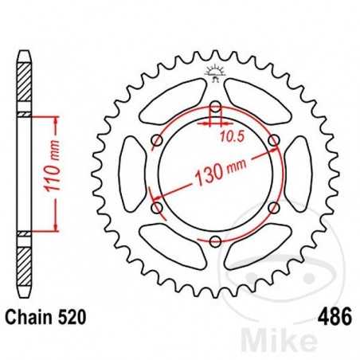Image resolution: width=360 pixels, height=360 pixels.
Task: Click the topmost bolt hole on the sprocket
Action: point(215,108)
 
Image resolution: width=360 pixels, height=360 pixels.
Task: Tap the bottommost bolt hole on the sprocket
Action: point(215,241)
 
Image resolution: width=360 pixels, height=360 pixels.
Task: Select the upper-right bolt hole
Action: point(273,142)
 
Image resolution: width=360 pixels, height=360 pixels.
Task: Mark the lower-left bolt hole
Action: point(157,209)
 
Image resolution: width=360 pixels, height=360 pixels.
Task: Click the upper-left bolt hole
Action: point(157,142)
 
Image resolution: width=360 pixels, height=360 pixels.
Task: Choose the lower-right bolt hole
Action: point(273,209)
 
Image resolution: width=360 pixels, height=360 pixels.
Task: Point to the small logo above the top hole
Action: point(215,74)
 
